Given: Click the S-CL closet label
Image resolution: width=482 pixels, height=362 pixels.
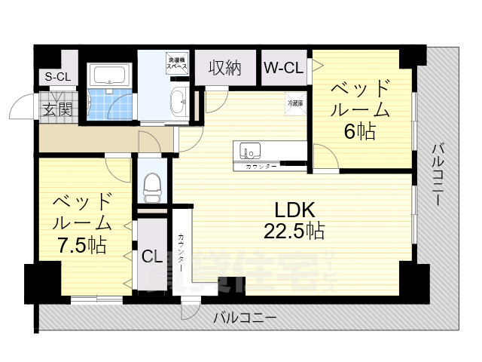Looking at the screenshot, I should coord(56,76).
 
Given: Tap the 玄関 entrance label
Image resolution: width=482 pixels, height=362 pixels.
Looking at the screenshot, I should coord(56,109).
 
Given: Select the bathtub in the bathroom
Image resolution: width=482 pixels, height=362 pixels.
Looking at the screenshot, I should coord(110,75).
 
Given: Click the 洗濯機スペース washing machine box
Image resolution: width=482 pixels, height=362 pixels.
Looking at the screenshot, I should coord(177,63).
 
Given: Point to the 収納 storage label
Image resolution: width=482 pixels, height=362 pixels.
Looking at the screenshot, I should coord(224,68).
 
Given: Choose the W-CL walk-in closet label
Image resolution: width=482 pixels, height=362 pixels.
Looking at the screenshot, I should coord(283,68).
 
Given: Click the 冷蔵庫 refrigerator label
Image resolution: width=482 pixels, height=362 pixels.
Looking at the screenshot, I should coord(295,103).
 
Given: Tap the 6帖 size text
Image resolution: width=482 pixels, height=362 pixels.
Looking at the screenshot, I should coord(359,132).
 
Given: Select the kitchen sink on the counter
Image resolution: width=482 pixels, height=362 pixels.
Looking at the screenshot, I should coord(249,149).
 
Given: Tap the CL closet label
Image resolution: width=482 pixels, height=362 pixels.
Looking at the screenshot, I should coord(152,256).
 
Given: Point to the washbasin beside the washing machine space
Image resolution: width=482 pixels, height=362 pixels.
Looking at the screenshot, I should coord(179,100).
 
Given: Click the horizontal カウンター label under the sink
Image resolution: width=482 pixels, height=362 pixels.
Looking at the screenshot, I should coord(261,164).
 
